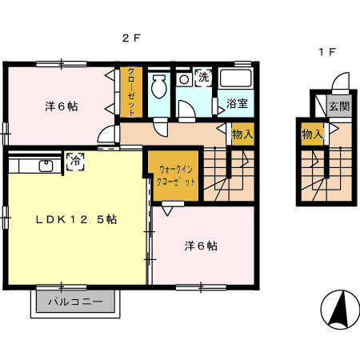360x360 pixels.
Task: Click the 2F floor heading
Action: click(131, 38)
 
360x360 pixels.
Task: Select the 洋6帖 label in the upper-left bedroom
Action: click(60, 106)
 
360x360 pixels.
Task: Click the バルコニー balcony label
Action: click(75, 302)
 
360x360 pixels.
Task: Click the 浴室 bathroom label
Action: click(236, 103)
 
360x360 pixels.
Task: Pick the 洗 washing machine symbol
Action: click(203, 78)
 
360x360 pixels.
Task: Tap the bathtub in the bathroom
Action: click(235, 78)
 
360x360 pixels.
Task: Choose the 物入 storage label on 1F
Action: click(311, 134)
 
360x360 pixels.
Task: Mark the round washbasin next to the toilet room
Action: click(184, 79)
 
